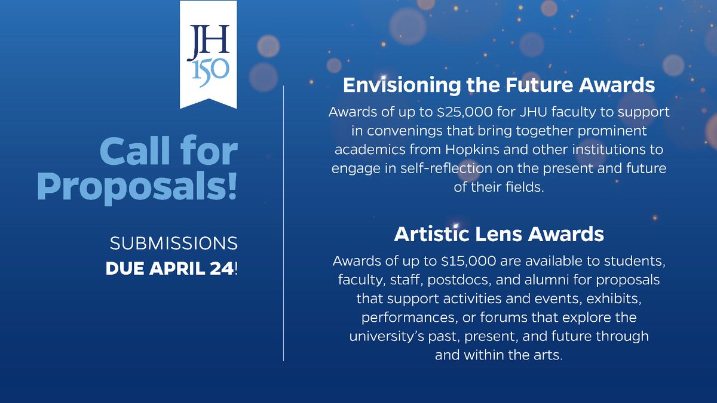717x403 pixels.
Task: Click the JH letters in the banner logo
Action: pos(208,42)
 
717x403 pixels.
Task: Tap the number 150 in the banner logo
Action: pos(209,68)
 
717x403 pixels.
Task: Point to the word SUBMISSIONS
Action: pos(173,244)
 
